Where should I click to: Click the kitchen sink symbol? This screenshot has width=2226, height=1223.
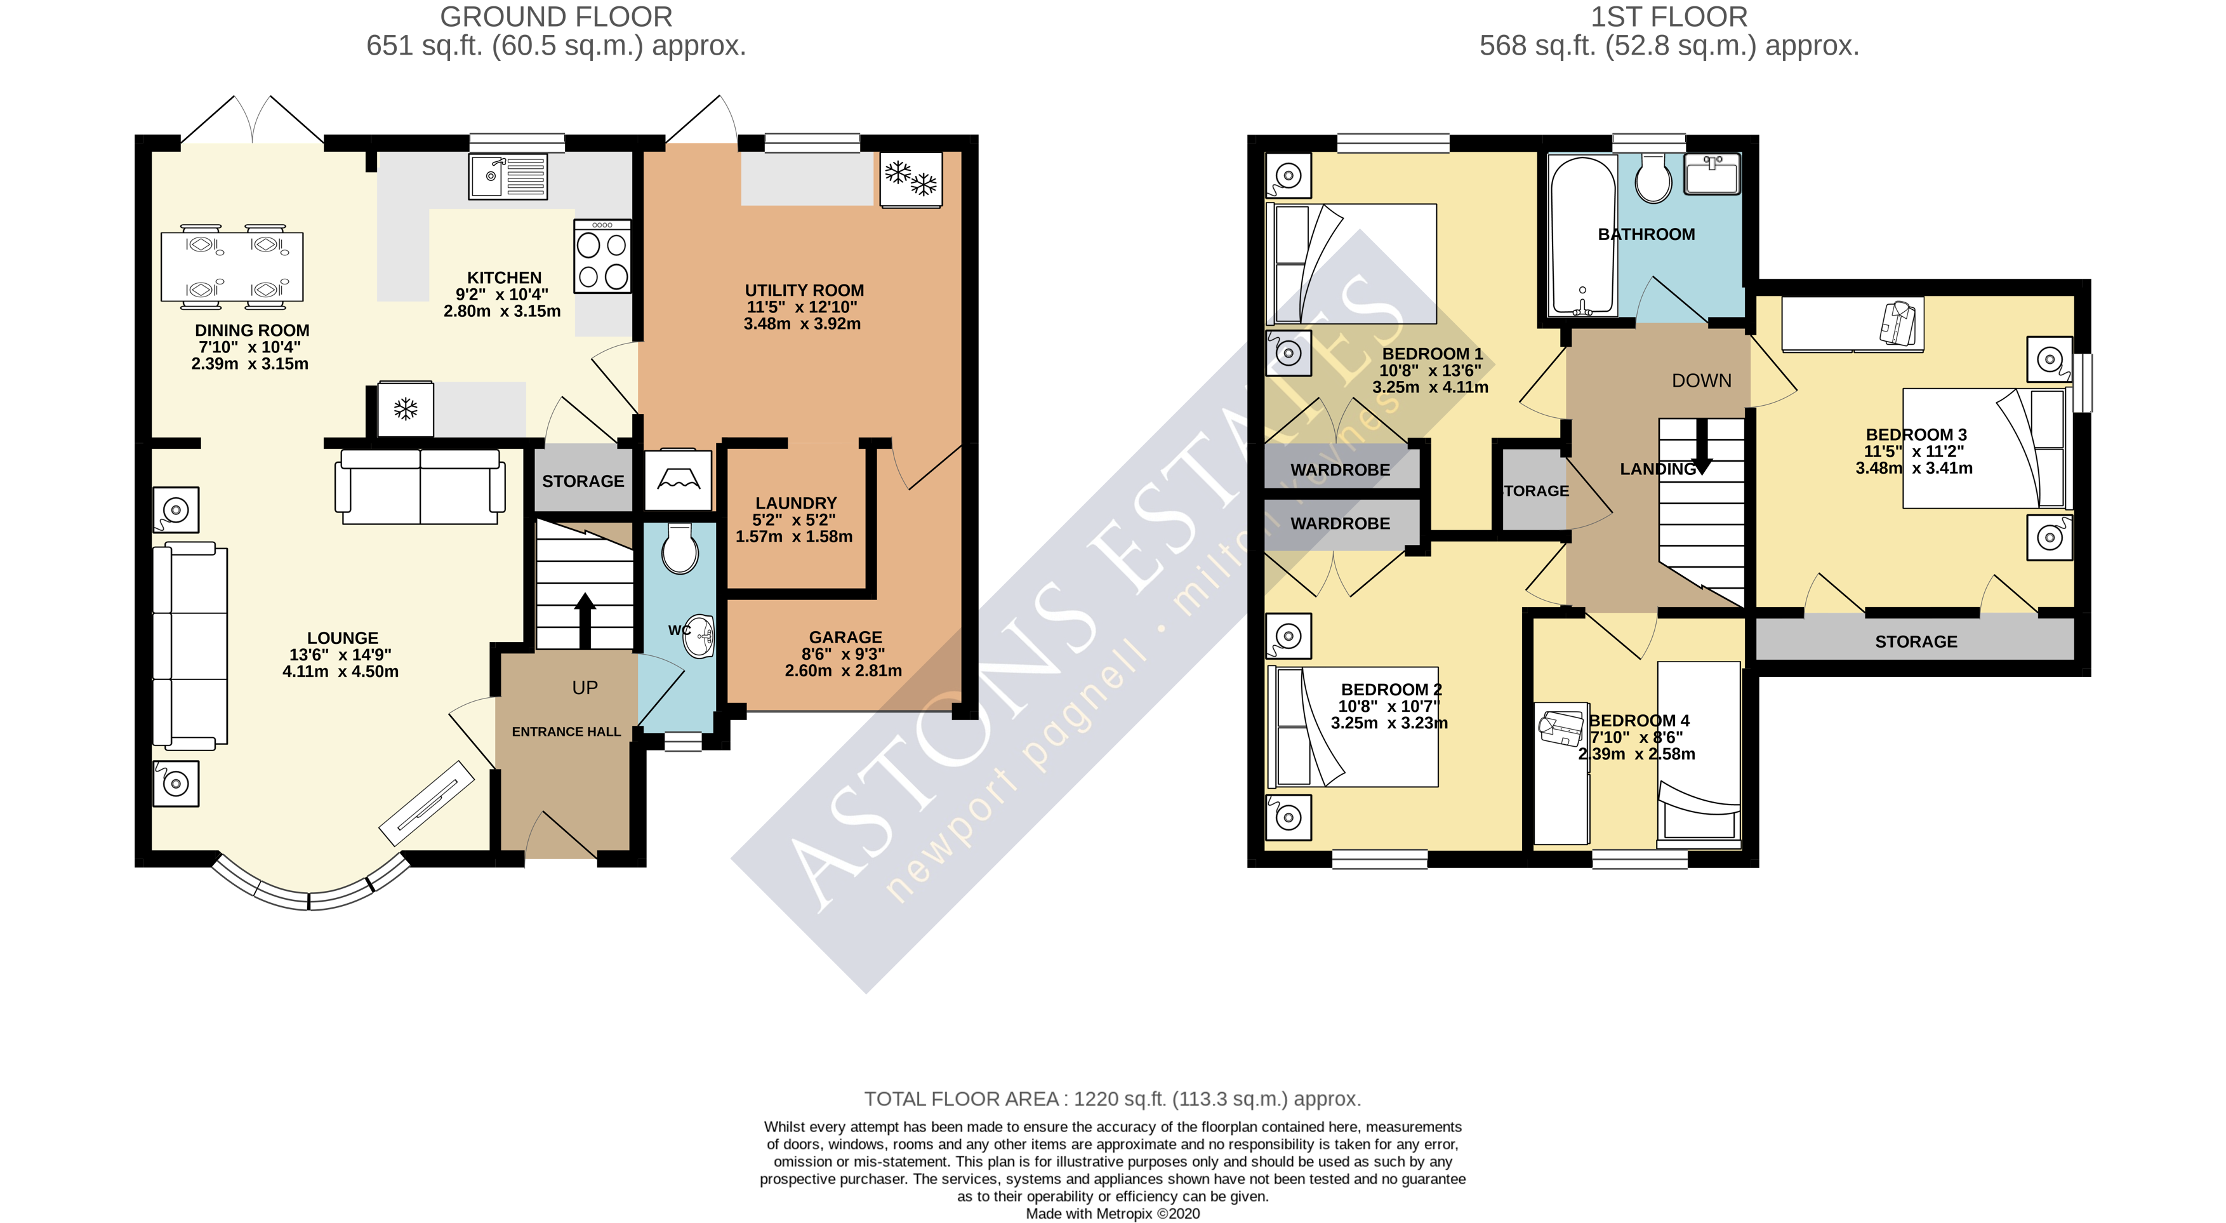pyautogui.click(x=508, y=177)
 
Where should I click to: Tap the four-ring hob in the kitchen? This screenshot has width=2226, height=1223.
pyautogui.click(x=602, y=257)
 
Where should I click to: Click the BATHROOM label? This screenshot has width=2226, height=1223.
pyautogui.click(x=1645, y=234)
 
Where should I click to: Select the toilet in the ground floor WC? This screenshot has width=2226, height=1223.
pyautogui.click(x=680, y=551)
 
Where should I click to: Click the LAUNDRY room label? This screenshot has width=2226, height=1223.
pyautogui.click(x=796, y=503)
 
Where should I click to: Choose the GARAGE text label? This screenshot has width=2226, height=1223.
pyautogui.click(x=845, y=637)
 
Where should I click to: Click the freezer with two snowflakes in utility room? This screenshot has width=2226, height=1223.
pyautogui.click(x=911, y=179)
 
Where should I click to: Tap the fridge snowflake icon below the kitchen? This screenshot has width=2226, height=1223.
pyautogui.click(x=406, y=409)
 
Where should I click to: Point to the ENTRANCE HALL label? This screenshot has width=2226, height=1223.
pyautogui.click(x=566, y=732)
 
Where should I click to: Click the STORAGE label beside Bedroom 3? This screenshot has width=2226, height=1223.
pyautogui.click(x=1916, y=641)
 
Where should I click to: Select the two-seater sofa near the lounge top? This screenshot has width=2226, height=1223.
pyautogui.click(x=420, y=486)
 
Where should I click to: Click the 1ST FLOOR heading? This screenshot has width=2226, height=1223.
pyautogui.click(x=1669, y=17)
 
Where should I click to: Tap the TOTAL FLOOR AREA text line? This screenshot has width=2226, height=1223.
pyautogui.click(x=1112, y=1099)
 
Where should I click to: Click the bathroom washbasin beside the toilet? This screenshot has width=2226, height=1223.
pyautogui.click(x=1711, y=175)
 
